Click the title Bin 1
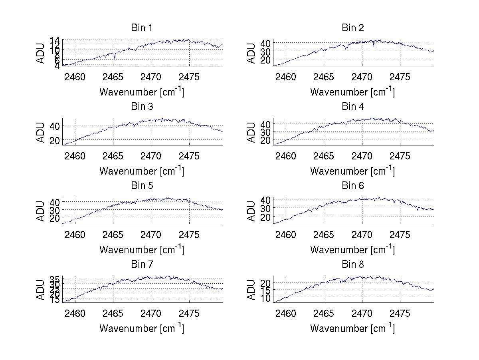142,28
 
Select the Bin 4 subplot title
353,107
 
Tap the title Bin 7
142,265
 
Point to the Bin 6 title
353,186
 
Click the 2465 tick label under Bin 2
324,77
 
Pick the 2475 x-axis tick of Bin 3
189,156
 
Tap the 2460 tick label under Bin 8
286,314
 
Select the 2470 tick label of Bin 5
151,235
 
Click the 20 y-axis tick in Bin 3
55,140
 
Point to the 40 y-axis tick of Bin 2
265,43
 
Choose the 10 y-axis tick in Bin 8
265,298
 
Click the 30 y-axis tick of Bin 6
265,208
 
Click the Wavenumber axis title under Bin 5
142,250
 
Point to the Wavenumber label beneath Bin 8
353,328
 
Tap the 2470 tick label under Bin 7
151,314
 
